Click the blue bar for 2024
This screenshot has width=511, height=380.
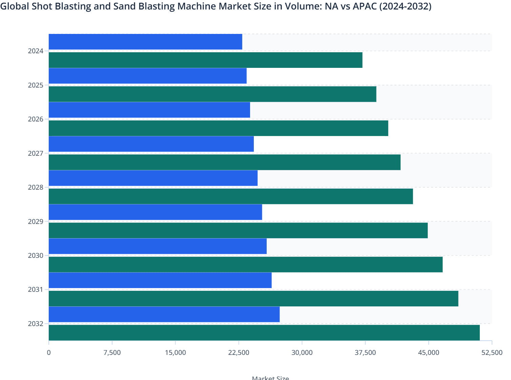coord(145,42)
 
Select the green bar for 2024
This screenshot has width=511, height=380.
coord(205,60)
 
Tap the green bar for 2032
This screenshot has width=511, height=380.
coord(264,332)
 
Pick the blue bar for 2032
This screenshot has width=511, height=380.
coord(164,314)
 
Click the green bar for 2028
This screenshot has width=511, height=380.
coord(231,196)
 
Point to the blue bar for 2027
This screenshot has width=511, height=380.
coord(151,144)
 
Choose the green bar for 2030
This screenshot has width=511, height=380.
coord(246,264)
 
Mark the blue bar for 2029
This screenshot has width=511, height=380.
coord(155,212)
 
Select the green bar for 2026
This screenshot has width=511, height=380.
coord(218,128)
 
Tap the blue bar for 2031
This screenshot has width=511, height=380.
coord(160,280)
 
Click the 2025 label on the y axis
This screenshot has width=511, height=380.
coord(36,85)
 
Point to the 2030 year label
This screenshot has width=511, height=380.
coord(36,255)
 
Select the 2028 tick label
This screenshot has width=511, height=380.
coord(36,187)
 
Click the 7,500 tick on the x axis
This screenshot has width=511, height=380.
coord(112,353)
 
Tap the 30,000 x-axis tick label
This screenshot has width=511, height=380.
coord(302,353)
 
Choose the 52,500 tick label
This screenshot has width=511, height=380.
coord(492,353)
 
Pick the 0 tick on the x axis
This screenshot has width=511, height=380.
coord(49,353)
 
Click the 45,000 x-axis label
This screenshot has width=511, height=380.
coord(428,353)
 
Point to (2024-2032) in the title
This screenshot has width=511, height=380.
coord(405,6)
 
